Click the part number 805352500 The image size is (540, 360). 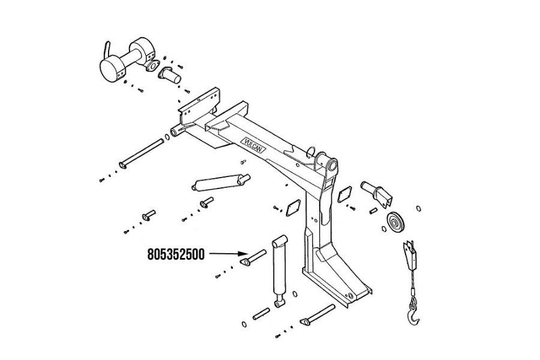click(x=176, y=254)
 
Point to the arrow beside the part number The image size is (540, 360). click(x=223, y=254)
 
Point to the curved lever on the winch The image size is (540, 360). click(x=106, y=47)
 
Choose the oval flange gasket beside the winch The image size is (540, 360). click(x=154, y=67)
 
